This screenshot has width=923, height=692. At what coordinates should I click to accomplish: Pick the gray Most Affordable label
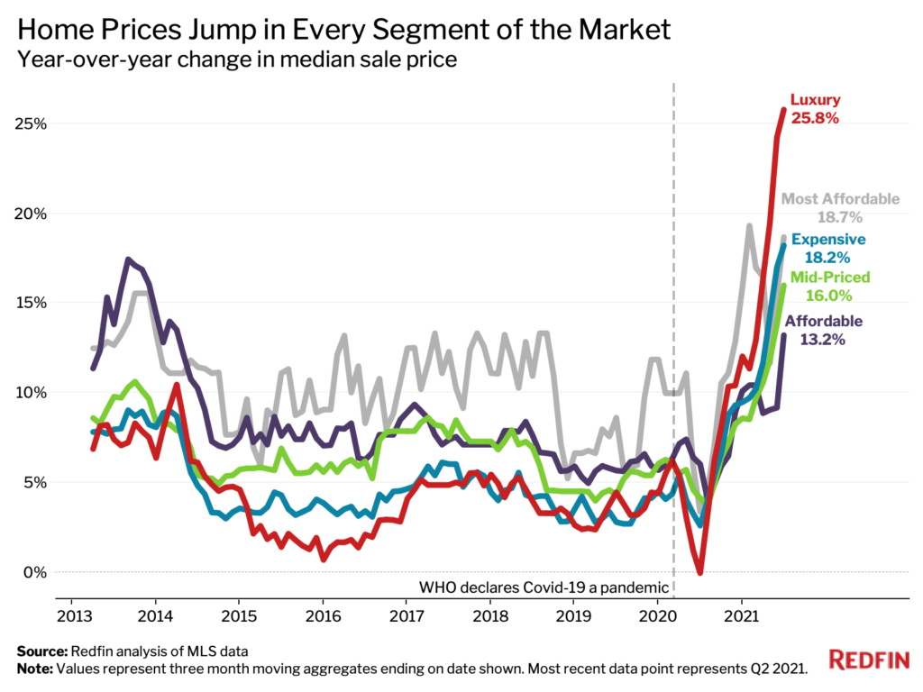coord(840,199)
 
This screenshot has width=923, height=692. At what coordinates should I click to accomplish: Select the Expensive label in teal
coord(828,240)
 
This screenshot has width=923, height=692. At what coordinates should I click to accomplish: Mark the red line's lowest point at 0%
coord(699,571)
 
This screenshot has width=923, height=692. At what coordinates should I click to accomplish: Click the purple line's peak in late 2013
coord(129,259)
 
